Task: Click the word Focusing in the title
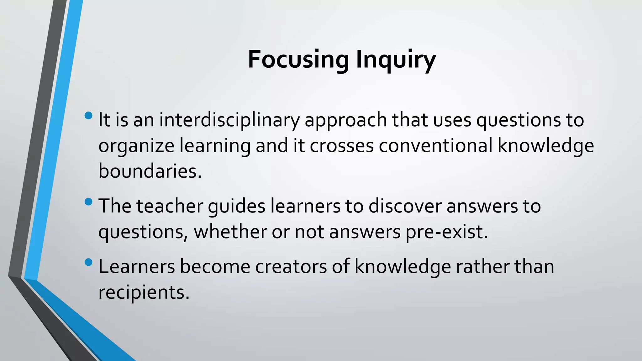pyautogui.click(x=298, y=60)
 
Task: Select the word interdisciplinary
pyautogui.click(x=229, y=120)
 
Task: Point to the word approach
pyautogui.click(x=346, y=121)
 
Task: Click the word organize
pyautogui.click(x=136, y=146)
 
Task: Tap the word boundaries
pyautogui.click(x=150, y=171)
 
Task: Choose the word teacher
pyautogui.click(x=170, y=206)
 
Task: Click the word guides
pyautogui.click(x=237, y=207)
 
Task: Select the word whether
pyautogui.click(x=230, y=232)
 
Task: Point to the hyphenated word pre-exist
pyautogui.click(x=447, y=233)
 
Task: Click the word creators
pyautogui.click(x=291, y=267)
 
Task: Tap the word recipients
pyautogui.click(x=144, y=293)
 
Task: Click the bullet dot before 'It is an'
pyautogui.click(x=89, y=115)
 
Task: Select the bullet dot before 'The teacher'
pyautogui.click(x=89, y=201)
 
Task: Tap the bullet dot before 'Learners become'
pyautogui.click(x=89, y=262)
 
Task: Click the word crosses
pyautogui.click(x=342, y=146)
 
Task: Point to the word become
pyautogui.click(x=215, y=267)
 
